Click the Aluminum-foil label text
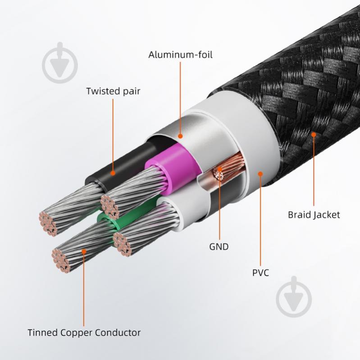click(x=180, y=55)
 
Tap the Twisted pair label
click(x=113, y=91)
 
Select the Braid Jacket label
click(x=314, y=215)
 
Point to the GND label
click(x=219, y=247)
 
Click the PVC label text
click(x=260, y=273)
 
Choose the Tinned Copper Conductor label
click(x=84, y=333)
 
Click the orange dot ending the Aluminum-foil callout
click(x=181, y=136)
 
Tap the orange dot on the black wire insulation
click(x=113, y=173)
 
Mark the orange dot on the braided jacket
click(x=314, y=135)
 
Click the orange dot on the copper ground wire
click(x=219, y=169)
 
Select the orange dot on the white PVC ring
click(x=260, y=174)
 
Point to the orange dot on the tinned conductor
click(x=84, y=251)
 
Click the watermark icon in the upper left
click(x=60, y=63)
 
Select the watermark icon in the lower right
click(x=294, y=296)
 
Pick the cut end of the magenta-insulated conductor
click(x=110, y=206)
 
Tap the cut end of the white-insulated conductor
click(x=122, y=244)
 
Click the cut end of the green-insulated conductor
click(x=61, y=260)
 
